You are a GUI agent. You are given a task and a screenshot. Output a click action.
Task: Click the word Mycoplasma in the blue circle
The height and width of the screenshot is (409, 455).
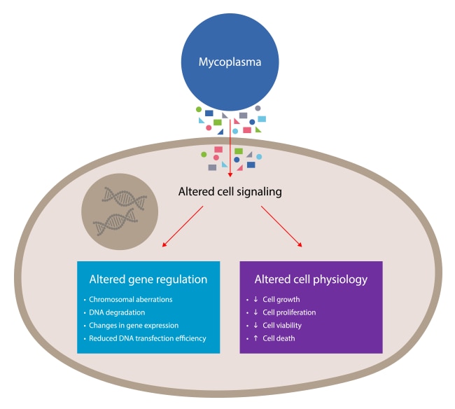tap(230, 62)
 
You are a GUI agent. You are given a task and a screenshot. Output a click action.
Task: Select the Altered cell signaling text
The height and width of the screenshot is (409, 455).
tap(230, 190)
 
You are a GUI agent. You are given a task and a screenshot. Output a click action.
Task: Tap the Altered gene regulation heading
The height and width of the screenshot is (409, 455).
tap(148, 279)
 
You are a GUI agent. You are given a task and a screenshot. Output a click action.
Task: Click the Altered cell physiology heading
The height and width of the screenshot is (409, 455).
tap(311, 279)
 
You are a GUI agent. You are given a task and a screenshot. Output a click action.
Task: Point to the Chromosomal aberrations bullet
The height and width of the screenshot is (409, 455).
tap(130, 300)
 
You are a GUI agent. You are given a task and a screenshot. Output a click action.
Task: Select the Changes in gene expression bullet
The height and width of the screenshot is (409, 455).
tap(133, 326)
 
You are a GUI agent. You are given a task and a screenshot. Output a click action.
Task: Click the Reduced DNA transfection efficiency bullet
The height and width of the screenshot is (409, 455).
tap(147, 339)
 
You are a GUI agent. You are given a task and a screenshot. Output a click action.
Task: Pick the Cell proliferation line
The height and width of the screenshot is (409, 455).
tap(289, 312)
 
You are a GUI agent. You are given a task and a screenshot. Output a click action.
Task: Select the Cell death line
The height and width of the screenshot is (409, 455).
tap(278, 339)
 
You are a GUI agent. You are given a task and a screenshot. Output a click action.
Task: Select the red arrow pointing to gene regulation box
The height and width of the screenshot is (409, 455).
tap(183, 227)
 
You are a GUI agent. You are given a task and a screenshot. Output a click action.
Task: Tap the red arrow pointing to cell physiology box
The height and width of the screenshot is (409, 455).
tap(281, 227)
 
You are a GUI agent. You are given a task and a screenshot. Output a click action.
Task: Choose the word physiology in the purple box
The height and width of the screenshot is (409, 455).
tap(341, 279)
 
